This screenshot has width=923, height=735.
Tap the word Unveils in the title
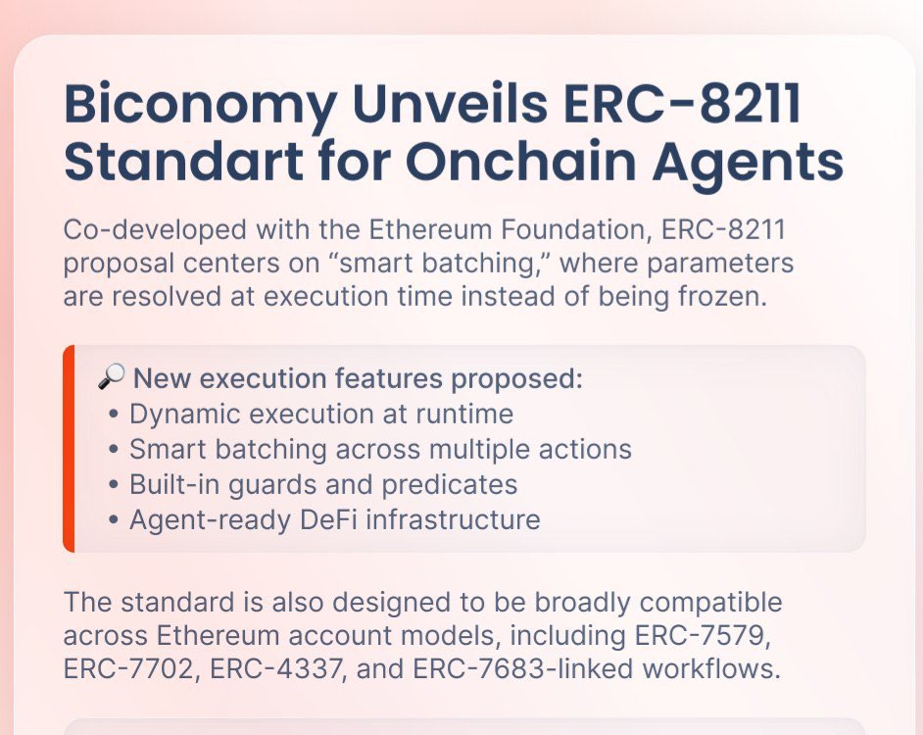pyautogui.click(x=450, y=103)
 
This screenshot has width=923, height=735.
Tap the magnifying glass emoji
pyautogui.click(x=112, y=376)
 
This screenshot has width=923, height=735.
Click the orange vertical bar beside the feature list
pyautogui.click(x=69, y=449)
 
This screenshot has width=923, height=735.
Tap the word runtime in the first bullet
pyautogui.click(x=464, y=414)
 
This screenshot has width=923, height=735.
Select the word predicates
pyautogui.click(x=449, y=486)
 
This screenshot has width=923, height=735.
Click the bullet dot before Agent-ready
pyautogui.click(x=115, y=520)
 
